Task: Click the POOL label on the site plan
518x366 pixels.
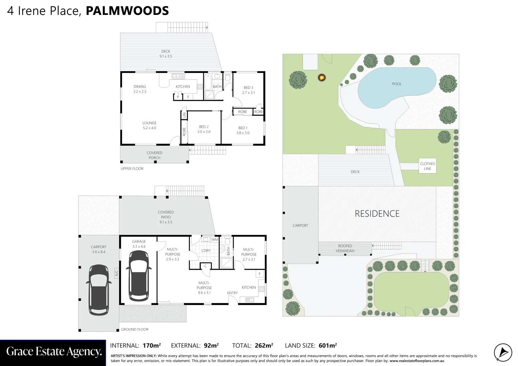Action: click(397, 84)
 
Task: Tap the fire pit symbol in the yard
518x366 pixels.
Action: click(321, 78)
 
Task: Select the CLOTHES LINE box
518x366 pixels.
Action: click(427, 166)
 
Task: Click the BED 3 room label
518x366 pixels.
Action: click(248, 90)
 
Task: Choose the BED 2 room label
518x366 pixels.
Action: click(204, 129)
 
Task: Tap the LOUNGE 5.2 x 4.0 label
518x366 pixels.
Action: click(149, 125)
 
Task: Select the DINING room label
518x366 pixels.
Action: click(140, 89)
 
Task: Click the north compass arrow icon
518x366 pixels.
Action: click(503, 352)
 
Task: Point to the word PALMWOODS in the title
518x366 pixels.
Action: click(127, 11)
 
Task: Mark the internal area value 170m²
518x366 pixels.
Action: click(152, 346)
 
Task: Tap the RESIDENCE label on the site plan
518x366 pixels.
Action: click(377, 213)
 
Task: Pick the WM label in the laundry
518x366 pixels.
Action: click(215, 240)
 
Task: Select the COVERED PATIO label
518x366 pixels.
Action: click(166, 217)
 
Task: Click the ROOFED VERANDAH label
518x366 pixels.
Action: click(345, 248)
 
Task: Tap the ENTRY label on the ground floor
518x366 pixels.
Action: click(232, 293)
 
